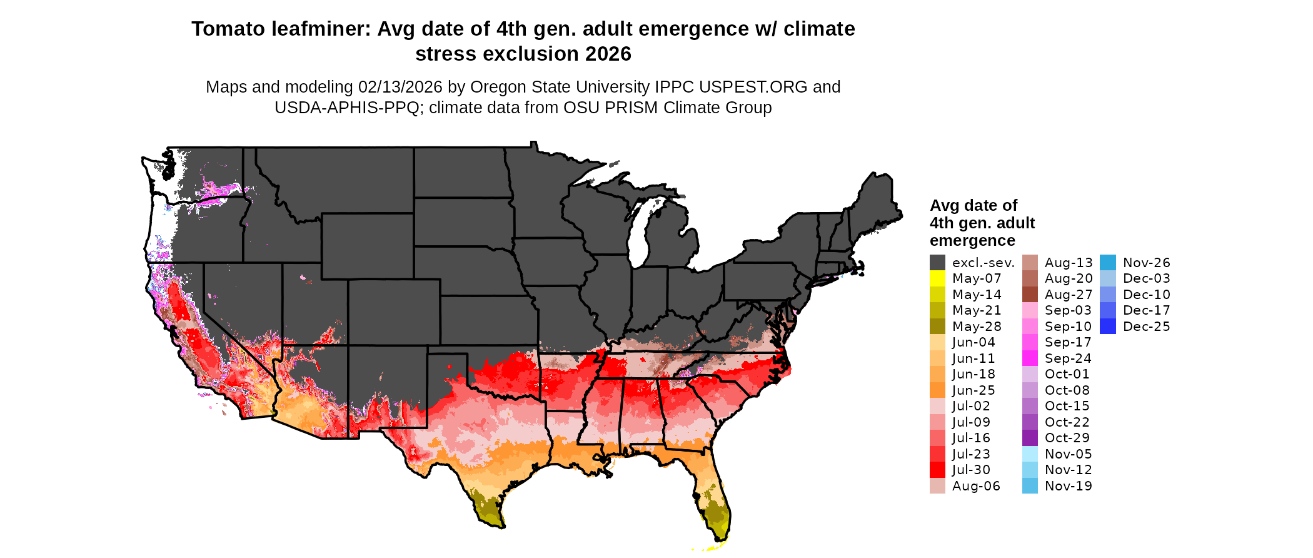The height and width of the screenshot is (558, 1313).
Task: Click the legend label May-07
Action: tap(976, 278)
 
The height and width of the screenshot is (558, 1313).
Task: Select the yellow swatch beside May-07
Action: tap(937, 278)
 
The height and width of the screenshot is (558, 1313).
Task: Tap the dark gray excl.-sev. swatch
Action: tap(937, 263)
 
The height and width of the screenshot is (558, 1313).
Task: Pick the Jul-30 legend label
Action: tap(971, 470)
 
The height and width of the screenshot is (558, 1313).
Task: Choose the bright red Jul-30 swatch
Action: tap(937, 470)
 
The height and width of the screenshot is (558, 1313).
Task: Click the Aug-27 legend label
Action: tap(1069, 295)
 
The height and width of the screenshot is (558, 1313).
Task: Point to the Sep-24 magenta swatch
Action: tap(1030, 358)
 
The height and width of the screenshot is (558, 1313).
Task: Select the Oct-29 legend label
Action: tap(1067, 438)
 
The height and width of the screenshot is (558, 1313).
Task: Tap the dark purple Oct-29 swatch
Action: tap(1030, 438)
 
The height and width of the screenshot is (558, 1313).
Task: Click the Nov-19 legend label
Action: tap(1068, 486)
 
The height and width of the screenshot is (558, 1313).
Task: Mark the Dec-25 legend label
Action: tap(1146, 327)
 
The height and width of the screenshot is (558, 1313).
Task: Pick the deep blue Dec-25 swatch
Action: tap(1107, 327)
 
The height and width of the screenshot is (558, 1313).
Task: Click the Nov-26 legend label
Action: tap(1146, 263)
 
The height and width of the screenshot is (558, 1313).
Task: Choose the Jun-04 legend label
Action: tap(973, 342)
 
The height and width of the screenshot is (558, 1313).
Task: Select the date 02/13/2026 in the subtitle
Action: tap(400, 87)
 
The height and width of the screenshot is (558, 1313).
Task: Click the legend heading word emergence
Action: tap(972, 241)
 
